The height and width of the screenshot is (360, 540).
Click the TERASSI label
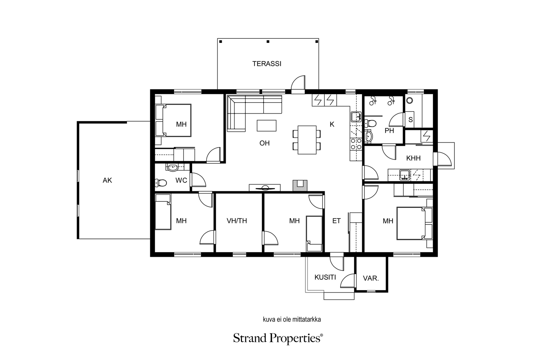coord(267,64)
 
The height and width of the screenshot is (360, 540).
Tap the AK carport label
coord(107,181)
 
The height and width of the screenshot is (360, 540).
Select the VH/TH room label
coord(237,221)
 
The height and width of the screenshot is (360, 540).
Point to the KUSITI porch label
coord(325,277)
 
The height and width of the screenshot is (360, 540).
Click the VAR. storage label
coord(371,279)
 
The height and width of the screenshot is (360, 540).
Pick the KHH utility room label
coord(413,158)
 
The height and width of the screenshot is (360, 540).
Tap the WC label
coord(181,181)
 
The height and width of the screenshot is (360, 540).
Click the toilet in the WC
coord(161,183)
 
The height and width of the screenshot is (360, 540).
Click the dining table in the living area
coord(307,140)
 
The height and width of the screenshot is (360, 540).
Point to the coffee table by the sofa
coord(266,126)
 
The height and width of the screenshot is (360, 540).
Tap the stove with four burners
coord(356,144)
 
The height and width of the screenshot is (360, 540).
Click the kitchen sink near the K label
coord(356,117)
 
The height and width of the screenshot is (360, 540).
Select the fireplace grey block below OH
coord(300,186)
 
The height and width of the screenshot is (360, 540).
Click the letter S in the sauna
coord(410,119)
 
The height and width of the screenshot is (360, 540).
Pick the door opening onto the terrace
coord(298,85)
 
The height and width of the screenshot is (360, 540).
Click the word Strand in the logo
coord(250,338)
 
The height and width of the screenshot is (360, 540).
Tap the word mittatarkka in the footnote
coord(307,320)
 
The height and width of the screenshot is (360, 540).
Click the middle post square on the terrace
coord(268,42)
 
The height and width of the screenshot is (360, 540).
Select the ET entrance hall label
coord(336,221)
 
